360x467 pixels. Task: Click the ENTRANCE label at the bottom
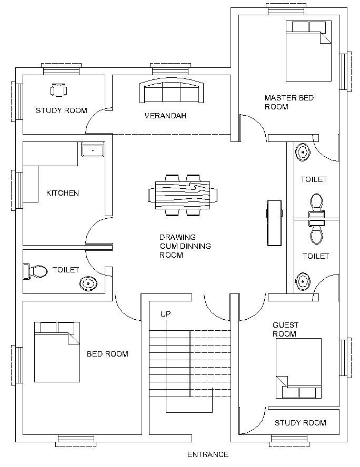208,454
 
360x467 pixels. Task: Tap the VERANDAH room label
165,116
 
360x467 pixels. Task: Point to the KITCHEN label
63,193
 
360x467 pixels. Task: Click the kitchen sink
93,150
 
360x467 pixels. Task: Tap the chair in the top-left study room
58,90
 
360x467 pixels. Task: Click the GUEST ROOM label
284,330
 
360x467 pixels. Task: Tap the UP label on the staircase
166,314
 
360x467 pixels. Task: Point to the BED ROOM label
107,354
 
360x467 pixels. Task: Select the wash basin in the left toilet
88,284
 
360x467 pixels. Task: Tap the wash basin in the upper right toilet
303,153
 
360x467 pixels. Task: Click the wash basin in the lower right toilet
303,282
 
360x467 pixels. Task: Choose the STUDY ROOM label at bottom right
300,423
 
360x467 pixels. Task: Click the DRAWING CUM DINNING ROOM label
185,246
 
